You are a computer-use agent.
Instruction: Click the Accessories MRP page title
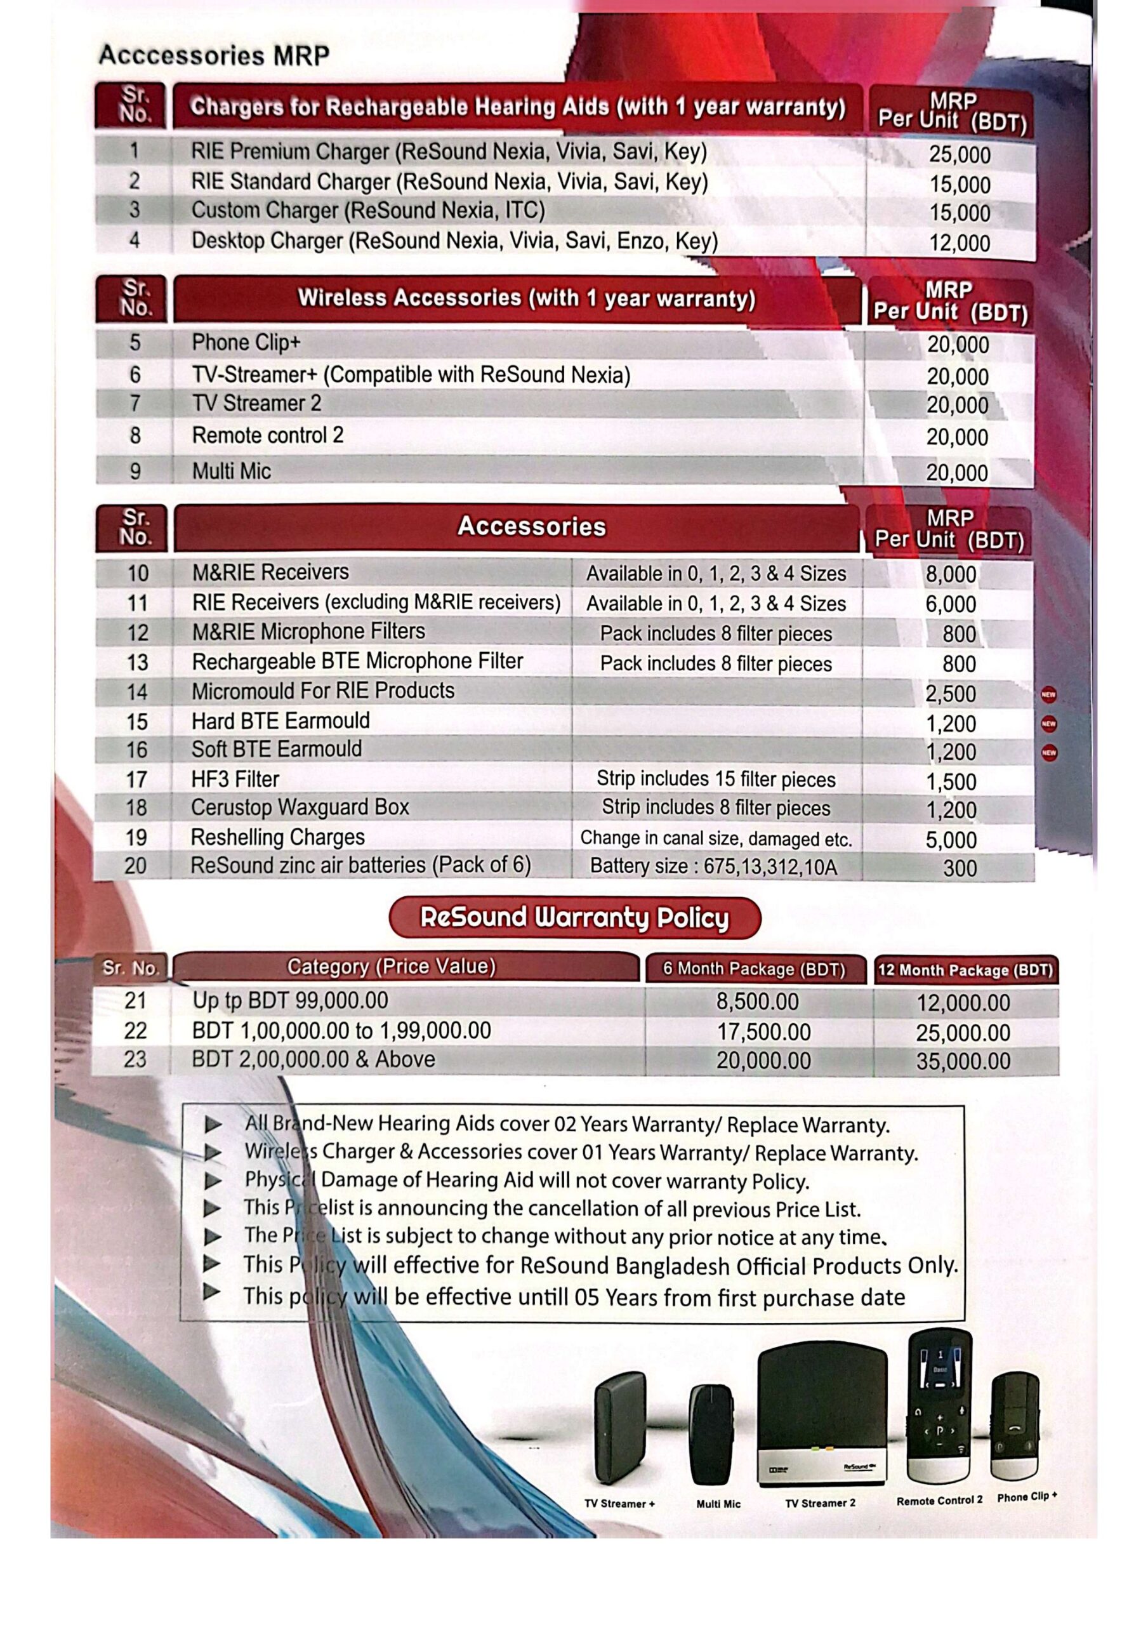coord(214,55)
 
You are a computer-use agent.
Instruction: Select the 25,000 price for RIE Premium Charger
coord(959,155)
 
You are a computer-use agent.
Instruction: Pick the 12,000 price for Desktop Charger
coord(959,244)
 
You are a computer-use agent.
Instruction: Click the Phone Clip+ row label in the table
coord(246,343)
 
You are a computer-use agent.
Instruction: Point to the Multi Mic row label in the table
coord(232,472)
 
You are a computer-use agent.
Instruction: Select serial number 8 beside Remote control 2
coord(135,435)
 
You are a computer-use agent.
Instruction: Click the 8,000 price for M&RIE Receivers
coord(951,574)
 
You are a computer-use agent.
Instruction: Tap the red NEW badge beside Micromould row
coord(1048,694)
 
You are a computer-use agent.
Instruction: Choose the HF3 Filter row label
coord(235,779)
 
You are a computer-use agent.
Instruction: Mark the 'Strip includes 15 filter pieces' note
coord(716,779)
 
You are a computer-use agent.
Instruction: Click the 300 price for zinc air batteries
coord(959,868)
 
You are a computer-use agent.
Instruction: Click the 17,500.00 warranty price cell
coord(763,1032)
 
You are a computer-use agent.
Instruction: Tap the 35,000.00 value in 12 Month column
coord(963,1061)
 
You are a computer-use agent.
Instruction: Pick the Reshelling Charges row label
coord(277,837)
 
